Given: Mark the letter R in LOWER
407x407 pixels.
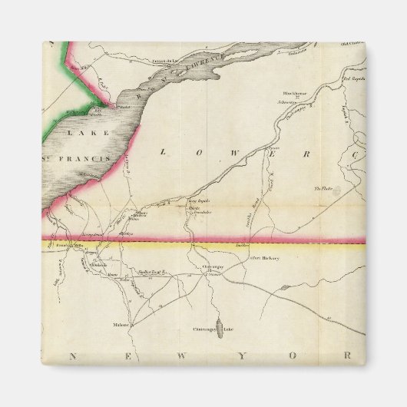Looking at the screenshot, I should pyautogui.click(x=306, y=153).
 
